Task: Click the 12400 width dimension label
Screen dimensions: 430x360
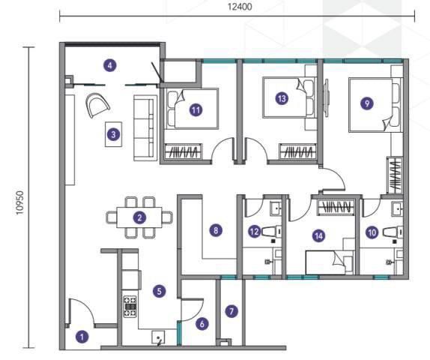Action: (x=240, y=7)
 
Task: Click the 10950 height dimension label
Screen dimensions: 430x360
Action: (x=20, y=203)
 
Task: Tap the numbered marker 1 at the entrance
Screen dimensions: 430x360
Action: (x=82, y=337)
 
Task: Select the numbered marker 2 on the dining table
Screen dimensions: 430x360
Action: (x=139, y=217)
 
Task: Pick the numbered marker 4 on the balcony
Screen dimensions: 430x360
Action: (x=109, y=65)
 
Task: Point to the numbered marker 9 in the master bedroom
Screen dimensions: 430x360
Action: (x=367, y=103)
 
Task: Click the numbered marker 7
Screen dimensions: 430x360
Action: (x=231, y=311)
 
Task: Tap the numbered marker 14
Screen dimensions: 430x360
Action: (x=319, y=236)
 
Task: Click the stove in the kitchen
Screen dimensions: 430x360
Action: (x=130, y=307)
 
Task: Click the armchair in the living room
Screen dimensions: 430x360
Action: (x=98, y=105)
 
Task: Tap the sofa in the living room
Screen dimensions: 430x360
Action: (x=145, y=128)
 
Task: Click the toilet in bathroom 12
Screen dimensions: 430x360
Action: (x=273, y=232)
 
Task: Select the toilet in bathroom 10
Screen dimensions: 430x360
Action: (x=393, y=232)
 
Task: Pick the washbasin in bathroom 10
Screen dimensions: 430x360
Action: (x=397, y=208)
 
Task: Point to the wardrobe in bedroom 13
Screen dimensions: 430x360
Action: (x=298, y=151)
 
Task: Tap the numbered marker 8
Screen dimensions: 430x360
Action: (x=216, y=230)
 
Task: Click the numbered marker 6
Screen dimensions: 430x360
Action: (x=202, y=324)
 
